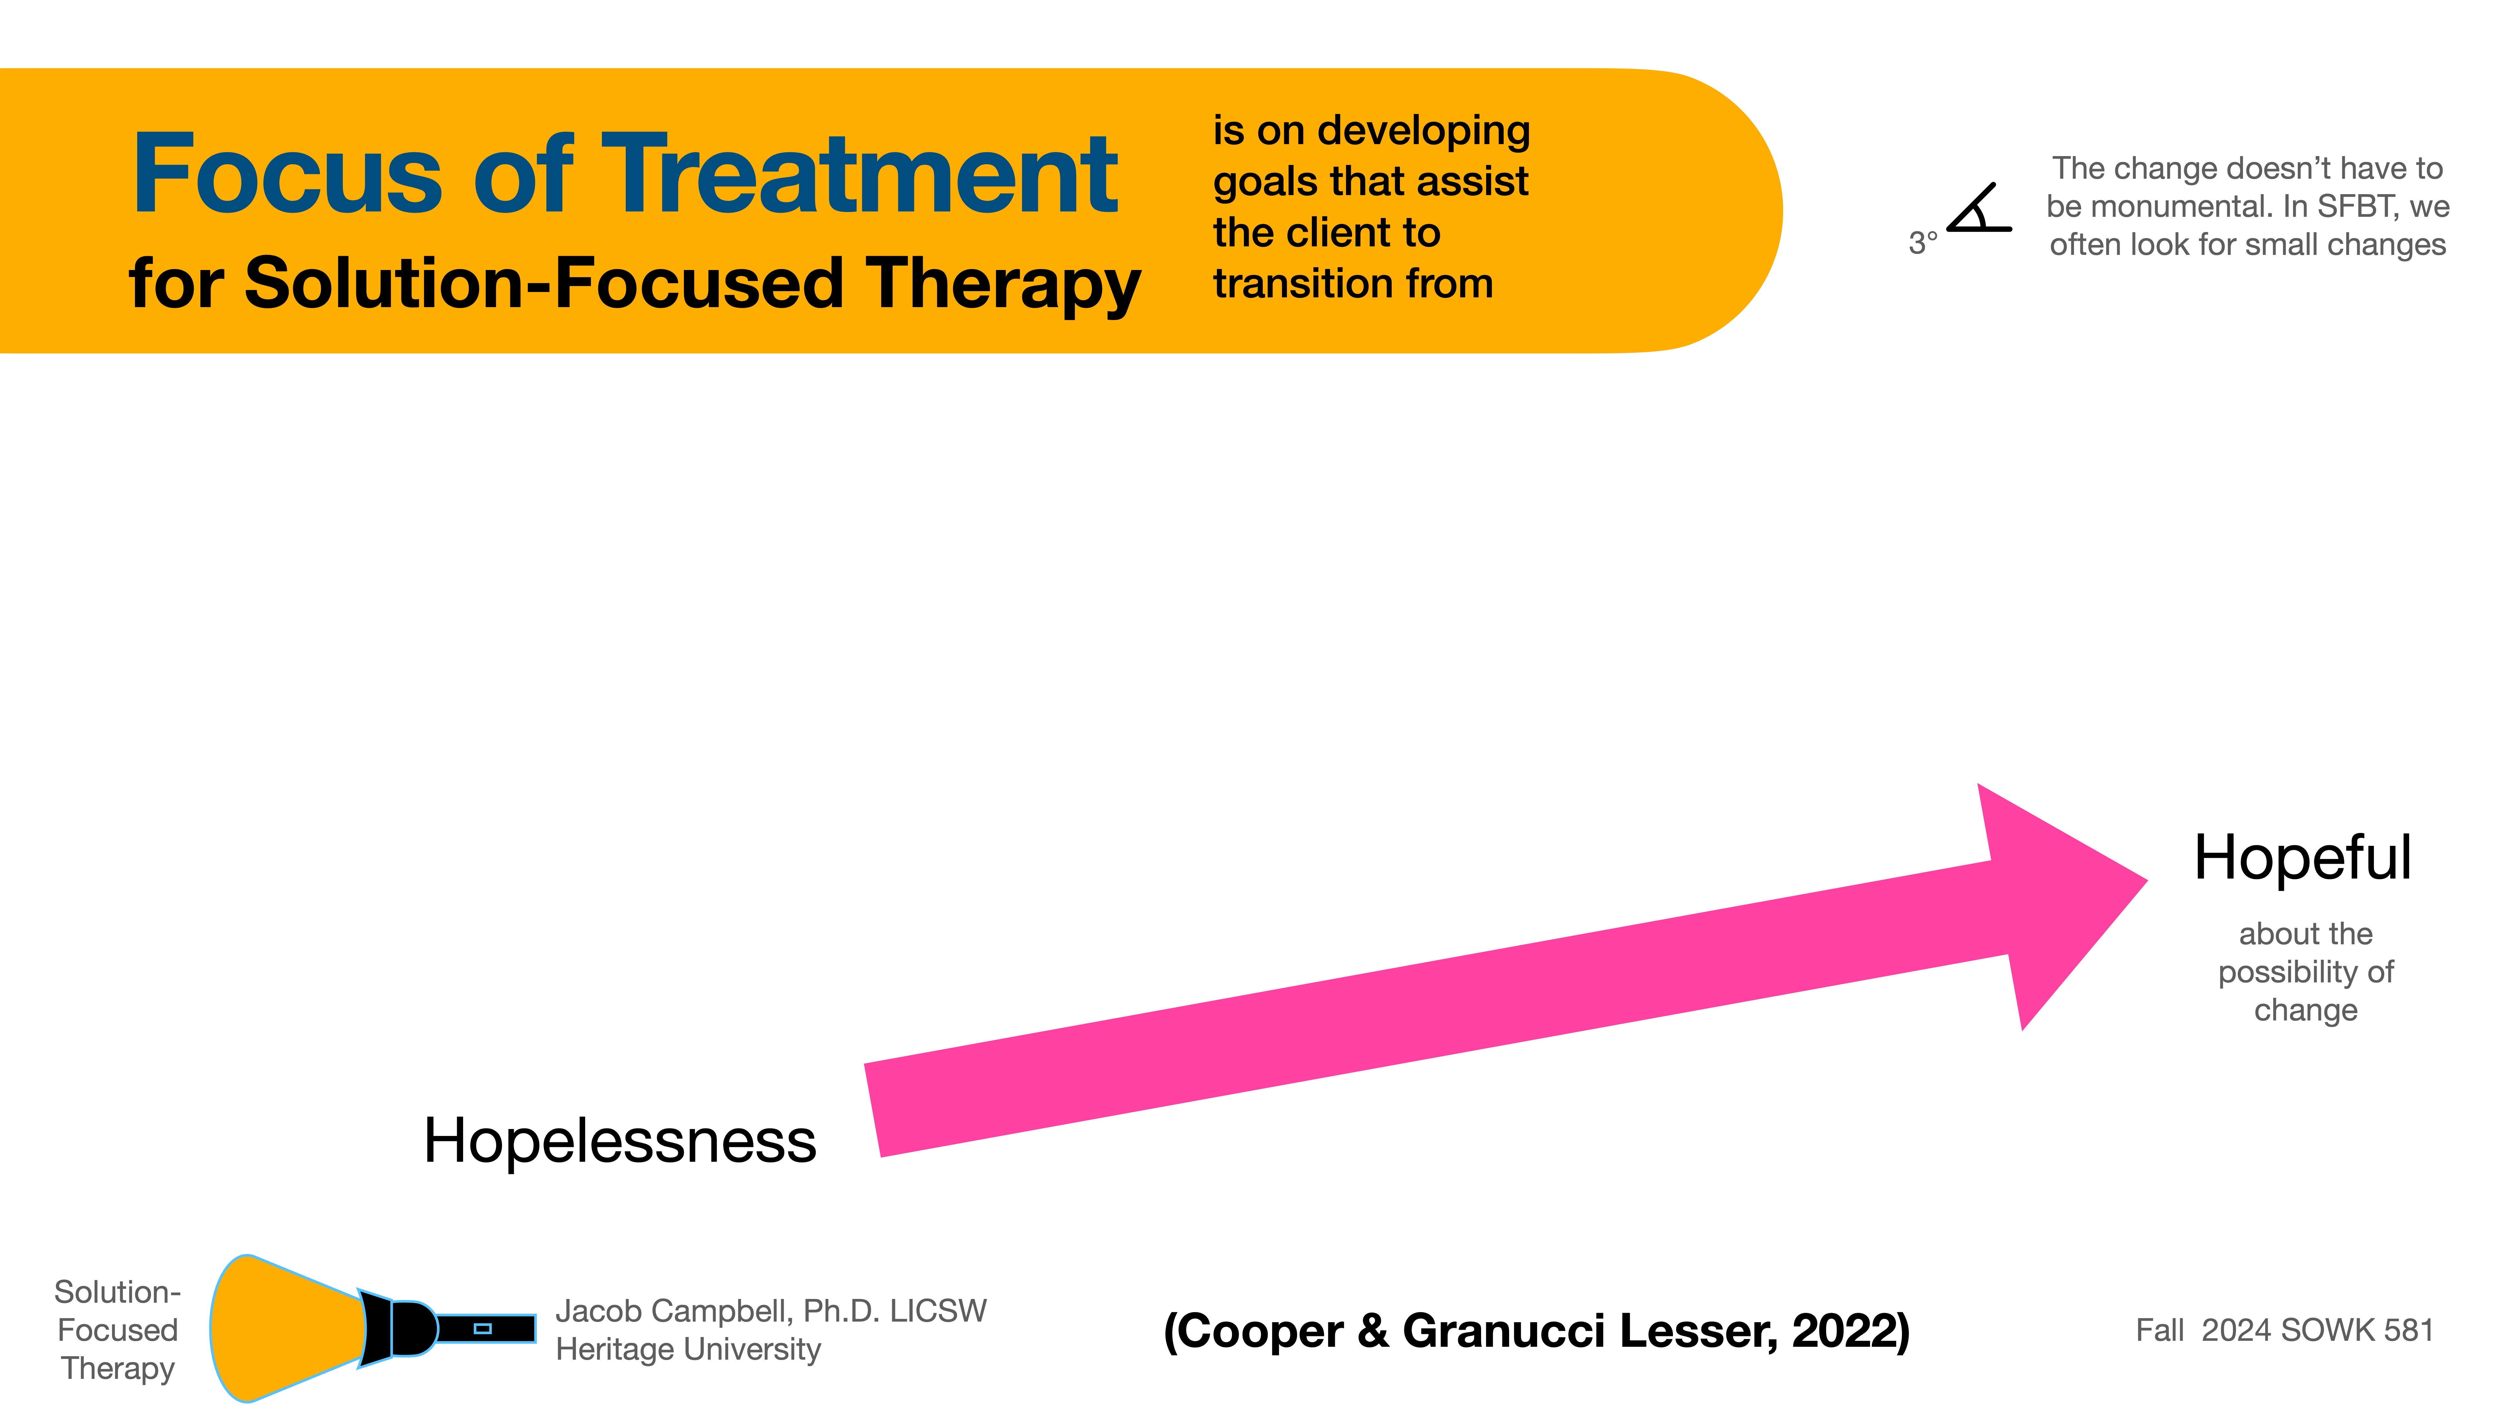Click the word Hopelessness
coord(619,1140)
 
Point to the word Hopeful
coord(2302,858)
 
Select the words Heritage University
coord(688,1350)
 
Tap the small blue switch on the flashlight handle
coord(482,1328)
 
